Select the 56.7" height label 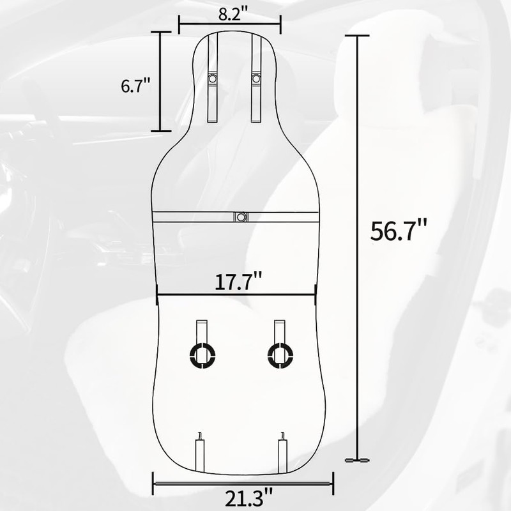[x=398, y=231]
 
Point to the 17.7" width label [x=238, y=282]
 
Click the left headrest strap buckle [x=213, y=79]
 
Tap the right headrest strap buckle [x=256, y=79]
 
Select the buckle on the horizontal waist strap [x=241, y=217]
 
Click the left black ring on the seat [x=202, y=355]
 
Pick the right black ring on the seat [x=280, y=355]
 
